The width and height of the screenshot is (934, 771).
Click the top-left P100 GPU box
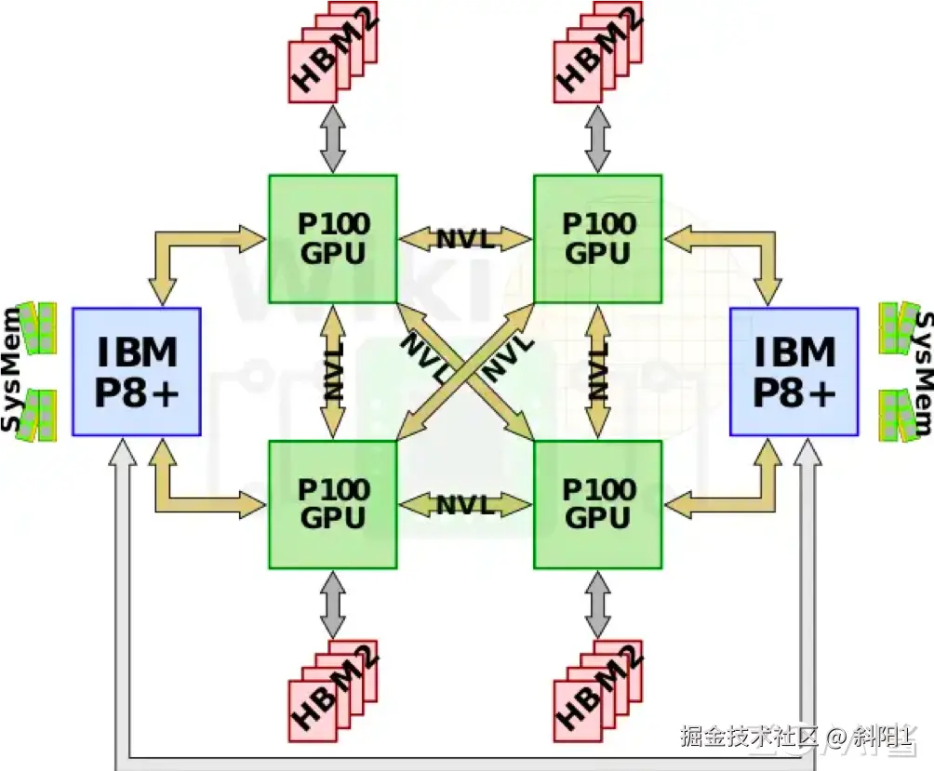click(332, 238)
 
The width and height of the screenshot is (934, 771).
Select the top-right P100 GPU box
click(597, 238)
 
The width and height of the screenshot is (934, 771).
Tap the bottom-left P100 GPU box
click(332, 504)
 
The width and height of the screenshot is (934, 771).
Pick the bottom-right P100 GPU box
click(597, 504)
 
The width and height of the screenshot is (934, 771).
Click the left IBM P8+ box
click(137, 371)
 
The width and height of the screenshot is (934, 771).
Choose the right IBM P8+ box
click(794, 371)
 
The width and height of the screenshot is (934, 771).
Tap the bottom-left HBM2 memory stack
click(333, 690)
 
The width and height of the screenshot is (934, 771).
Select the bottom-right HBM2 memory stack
click(598, 690)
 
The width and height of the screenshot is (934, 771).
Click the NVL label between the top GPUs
click(465, 239)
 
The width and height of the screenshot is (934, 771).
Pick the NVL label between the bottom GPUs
click(465, 505)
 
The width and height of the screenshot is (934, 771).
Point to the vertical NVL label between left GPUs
click(333, 372)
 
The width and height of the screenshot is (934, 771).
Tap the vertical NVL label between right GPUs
click(598, 372)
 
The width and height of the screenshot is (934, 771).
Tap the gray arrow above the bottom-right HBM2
click(598, 605)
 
